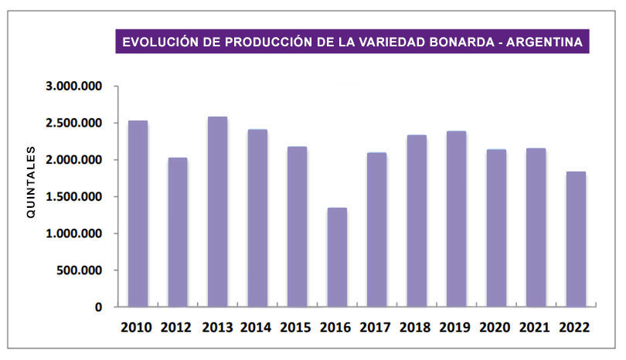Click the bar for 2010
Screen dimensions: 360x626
point(138,214)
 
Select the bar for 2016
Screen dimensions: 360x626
point(337,257)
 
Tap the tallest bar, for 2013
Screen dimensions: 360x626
point(217,212)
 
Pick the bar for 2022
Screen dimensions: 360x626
point(576,239)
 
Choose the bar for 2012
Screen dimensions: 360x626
point(177,232)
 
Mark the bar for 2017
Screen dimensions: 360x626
point(377,229)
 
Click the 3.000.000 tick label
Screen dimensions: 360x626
point(74,87)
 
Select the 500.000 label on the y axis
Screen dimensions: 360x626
point(80,270)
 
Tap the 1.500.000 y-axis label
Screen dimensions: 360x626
point(74,197)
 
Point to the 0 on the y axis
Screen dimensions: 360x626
point(99,307)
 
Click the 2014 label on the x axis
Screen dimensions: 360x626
point(257,327)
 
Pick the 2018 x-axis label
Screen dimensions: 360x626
point(417,327)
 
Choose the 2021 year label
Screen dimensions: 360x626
point(536,327)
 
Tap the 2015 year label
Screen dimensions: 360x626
point(297,327)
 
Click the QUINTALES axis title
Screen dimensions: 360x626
point(32,182)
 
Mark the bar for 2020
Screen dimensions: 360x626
point(496,228)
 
